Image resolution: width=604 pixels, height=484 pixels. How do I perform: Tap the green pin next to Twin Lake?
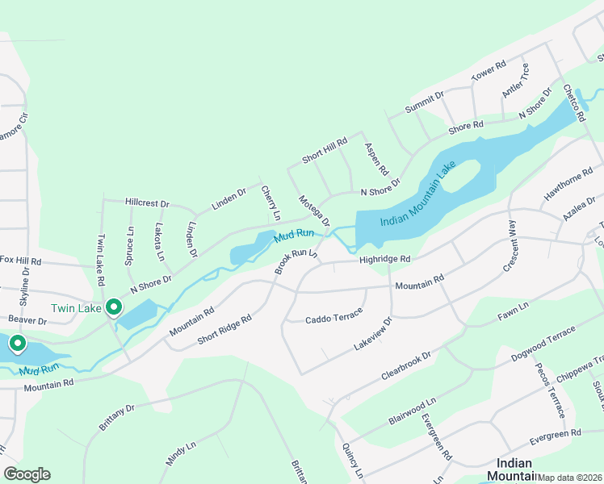coord(115,307)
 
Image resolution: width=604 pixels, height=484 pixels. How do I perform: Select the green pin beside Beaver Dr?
coord(17,345)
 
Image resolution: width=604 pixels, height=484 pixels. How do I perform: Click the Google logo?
coord(27,474)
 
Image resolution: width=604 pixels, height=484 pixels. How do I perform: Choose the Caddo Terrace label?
coord(333,319)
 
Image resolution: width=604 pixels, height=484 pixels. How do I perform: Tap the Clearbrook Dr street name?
coord(405,368)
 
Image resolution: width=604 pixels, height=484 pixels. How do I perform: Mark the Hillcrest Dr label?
coord(147,204)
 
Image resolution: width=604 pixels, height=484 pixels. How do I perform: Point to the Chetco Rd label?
coord(573,103)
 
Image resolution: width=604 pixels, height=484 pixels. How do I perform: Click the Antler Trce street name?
coord(514,81)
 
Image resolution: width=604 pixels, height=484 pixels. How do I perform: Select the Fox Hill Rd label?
coord(20,261)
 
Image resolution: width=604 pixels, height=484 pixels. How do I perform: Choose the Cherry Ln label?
coord(270,202)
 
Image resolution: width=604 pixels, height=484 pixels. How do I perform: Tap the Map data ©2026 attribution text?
coord(570,478)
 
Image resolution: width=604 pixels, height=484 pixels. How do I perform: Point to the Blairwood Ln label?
coord(412,411)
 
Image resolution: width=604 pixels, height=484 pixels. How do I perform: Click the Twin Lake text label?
coord(76,308)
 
